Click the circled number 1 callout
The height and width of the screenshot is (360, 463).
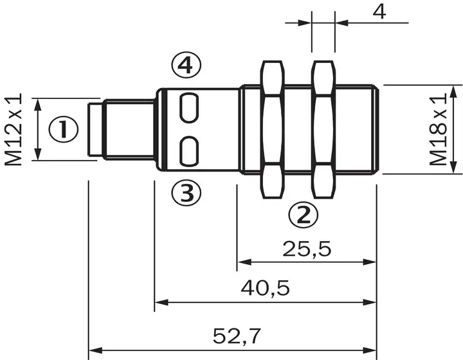(x=64, y=129)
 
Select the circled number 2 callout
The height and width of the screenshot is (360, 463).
(x=304, y=215)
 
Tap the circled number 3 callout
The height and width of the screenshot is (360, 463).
(x=186, y=193)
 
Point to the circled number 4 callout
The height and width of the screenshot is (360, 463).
(x=186, y=65)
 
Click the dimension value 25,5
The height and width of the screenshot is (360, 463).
(x=307, y=249)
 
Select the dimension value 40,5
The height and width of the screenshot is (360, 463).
(x=265, y=288)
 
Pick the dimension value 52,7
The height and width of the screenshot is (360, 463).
(x=237, y=336)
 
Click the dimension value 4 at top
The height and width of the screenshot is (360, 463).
(x=379, y=12)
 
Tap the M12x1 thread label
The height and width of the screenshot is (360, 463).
(x=14, y=129)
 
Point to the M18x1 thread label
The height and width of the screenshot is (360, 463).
(x=438, y=129)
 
